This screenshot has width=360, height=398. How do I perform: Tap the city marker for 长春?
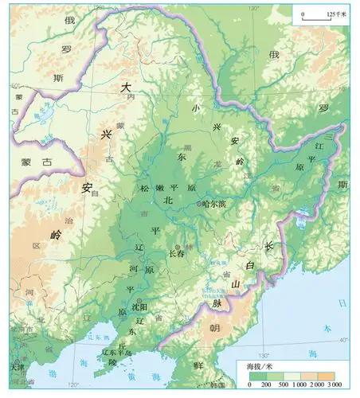178,246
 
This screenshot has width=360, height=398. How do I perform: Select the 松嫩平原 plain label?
168,188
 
